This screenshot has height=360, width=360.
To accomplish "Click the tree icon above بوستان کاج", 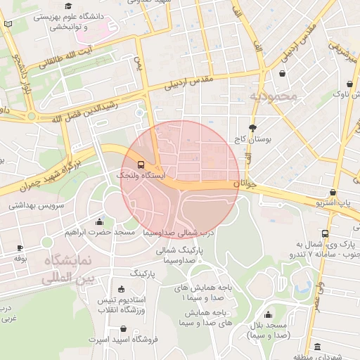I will pyautogui.click(x=252, y=128).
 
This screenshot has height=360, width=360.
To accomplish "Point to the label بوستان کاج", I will pyautogui.click(x=253, y=140).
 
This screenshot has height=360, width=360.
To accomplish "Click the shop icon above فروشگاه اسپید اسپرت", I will pyautogui.click(x=124, y=328).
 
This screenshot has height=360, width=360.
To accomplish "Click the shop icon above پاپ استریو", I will pyautogui.click(x=333, y=192).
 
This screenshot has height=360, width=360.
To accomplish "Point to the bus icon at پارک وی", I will pyautogui.click(x=325, y=233).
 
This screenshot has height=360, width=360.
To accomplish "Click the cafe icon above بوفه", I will pyautogui.click(x=20, y=247).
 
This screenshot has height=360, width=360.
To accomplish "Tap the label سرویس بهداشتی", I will pyautogui.click(x=37, y=207).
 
